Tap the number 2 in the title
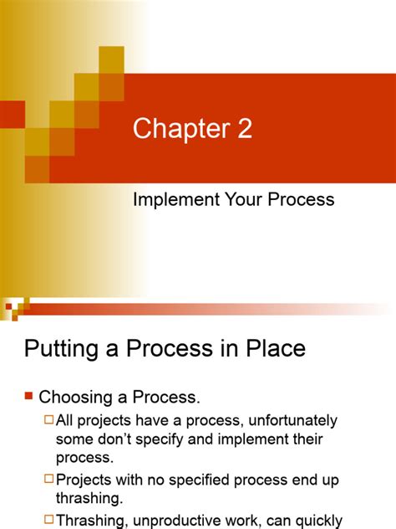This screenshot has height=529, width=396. tap(242, 131)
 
